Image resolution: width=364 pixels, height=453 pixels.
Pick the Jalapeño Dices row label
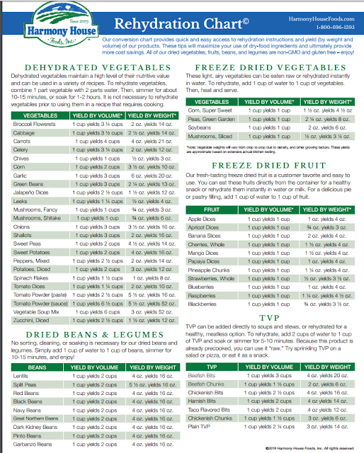[30, 192]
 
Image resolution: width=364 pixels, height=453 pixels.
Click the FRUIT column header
[210, 210]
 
